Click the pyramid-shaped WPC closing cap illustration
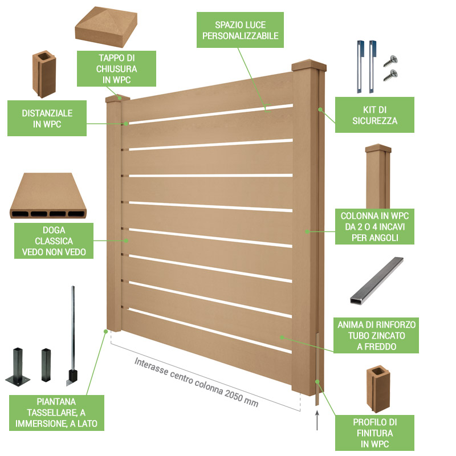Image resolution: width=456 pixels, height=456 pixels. [x=106, y=27]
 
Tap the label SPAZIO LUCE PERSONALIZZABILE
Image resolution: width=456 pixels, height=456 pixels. [x=240, y=30]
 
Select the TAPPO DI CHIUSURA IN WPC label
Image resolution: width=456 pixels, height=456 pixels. [x=116, y=68]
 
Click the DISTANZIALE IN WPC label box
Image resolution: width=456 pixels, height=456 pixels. [x=47, y=119]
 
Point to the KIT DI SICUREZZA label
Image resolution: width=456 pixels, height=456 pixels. [x=374, y=115]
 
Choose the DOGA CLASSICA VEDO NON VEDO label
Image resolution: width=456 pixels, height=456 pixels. [x=54, y=241]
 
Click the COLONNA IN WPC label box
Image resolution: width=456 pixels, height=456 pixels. [x=374, y=226]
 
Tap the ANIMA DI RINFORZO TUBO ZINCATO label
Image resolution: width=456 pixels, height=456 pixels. [x=376, y=335]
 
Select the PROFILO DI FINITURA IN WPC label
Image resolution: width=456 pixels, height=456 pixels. [x=374, y=433]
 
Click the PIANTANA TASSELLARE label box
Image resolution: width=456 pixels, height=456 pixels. [x=56, y=413]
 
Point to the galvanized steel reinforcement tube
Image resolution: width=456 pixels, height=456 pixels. [x=377, y=280]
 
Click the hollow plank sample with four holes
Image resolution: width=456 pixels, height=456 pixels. [x=48, y=196]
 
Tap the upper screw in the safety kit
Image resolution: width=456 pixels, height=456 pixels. [x=390, y=61]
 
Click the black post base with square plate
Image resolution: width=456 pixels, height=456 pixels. [x=18, y=367]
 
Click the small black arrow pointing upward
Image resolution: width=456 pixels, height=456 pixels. [x=317, y=420]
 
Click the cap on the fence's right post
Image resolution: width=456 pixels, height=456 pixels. [x=309, y=65]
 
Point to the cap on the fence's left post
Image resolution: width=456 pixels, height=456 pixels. [x=117, y=98]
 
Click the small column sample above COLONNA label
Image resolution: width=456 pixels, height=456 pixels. [x=378, y=176]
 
